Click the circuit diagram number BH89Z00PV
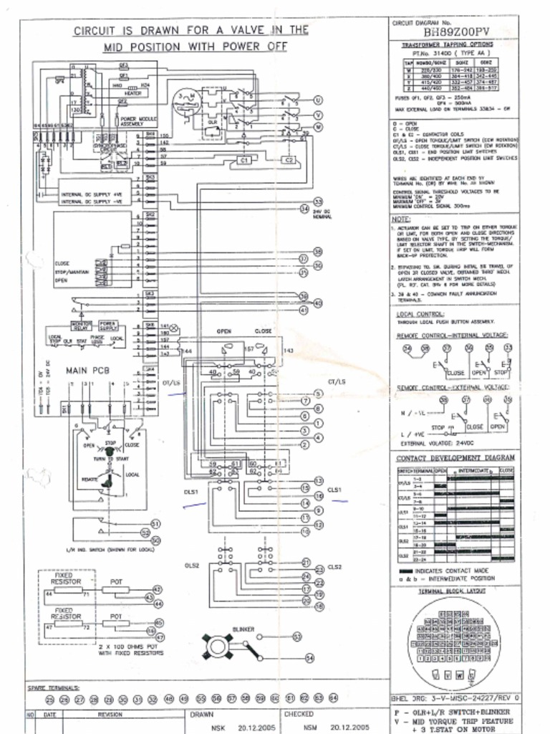457,32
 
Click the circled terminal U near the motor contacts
318,100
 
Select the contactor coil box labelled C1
243,161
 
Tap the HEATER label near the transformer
132,92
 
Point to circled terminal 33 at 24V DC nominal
318,203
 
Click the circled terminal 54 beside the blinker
309,657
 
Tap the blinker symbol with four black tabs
216,646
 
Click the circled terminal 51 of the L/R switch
156,525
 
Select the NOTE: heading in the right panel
401,219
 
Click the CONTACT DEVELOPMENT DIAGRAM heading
455,457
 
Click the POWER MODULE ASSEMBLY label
137,121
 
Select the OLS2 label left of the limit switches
191,566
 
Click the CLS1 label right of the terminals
335,490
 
